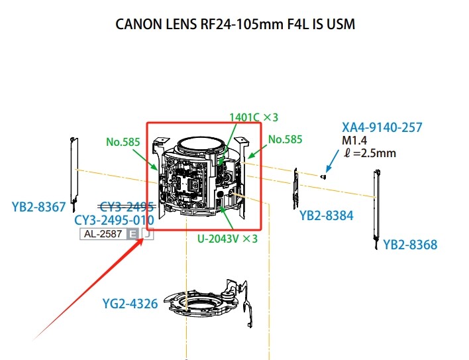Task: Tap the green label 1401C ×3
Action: point(253,117)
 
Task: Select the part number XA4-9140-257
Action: point(382,127)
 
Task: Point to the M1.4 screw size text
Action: point(354,141)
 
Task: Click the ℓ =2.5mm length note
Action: point(369,153)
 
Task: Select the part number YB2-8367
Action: point(38,208)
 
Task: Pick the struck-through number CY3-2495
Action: point(127,207)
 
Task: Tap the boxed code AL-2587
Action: point(103,234)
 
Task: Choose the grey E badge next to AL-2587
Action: point(133,234)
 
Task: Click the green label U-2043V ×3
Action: point(227,238)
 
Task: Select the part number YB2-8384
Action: point(326,216)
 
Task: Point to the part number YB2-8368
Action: point(410,245)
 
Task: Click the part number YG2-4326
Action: point(130,304)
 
